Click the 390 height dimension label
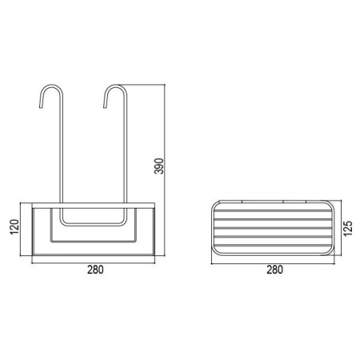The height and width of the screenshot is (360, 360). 159,166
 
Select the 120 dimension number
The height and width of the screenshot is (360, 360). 14,227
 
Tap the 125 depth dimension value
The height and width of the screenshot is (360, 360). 348,228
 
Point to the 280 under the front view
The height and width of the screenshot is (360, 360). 95,270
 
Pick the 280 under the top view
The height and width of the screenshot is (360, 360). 274,270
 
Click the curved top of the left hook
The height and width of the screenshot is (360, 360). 51,86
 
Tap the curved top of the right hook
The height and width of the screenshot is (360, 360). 115,86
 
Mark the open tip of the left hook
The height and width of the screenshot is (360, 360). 41,107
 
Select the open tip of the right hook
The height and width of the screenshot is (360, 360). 105,107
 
